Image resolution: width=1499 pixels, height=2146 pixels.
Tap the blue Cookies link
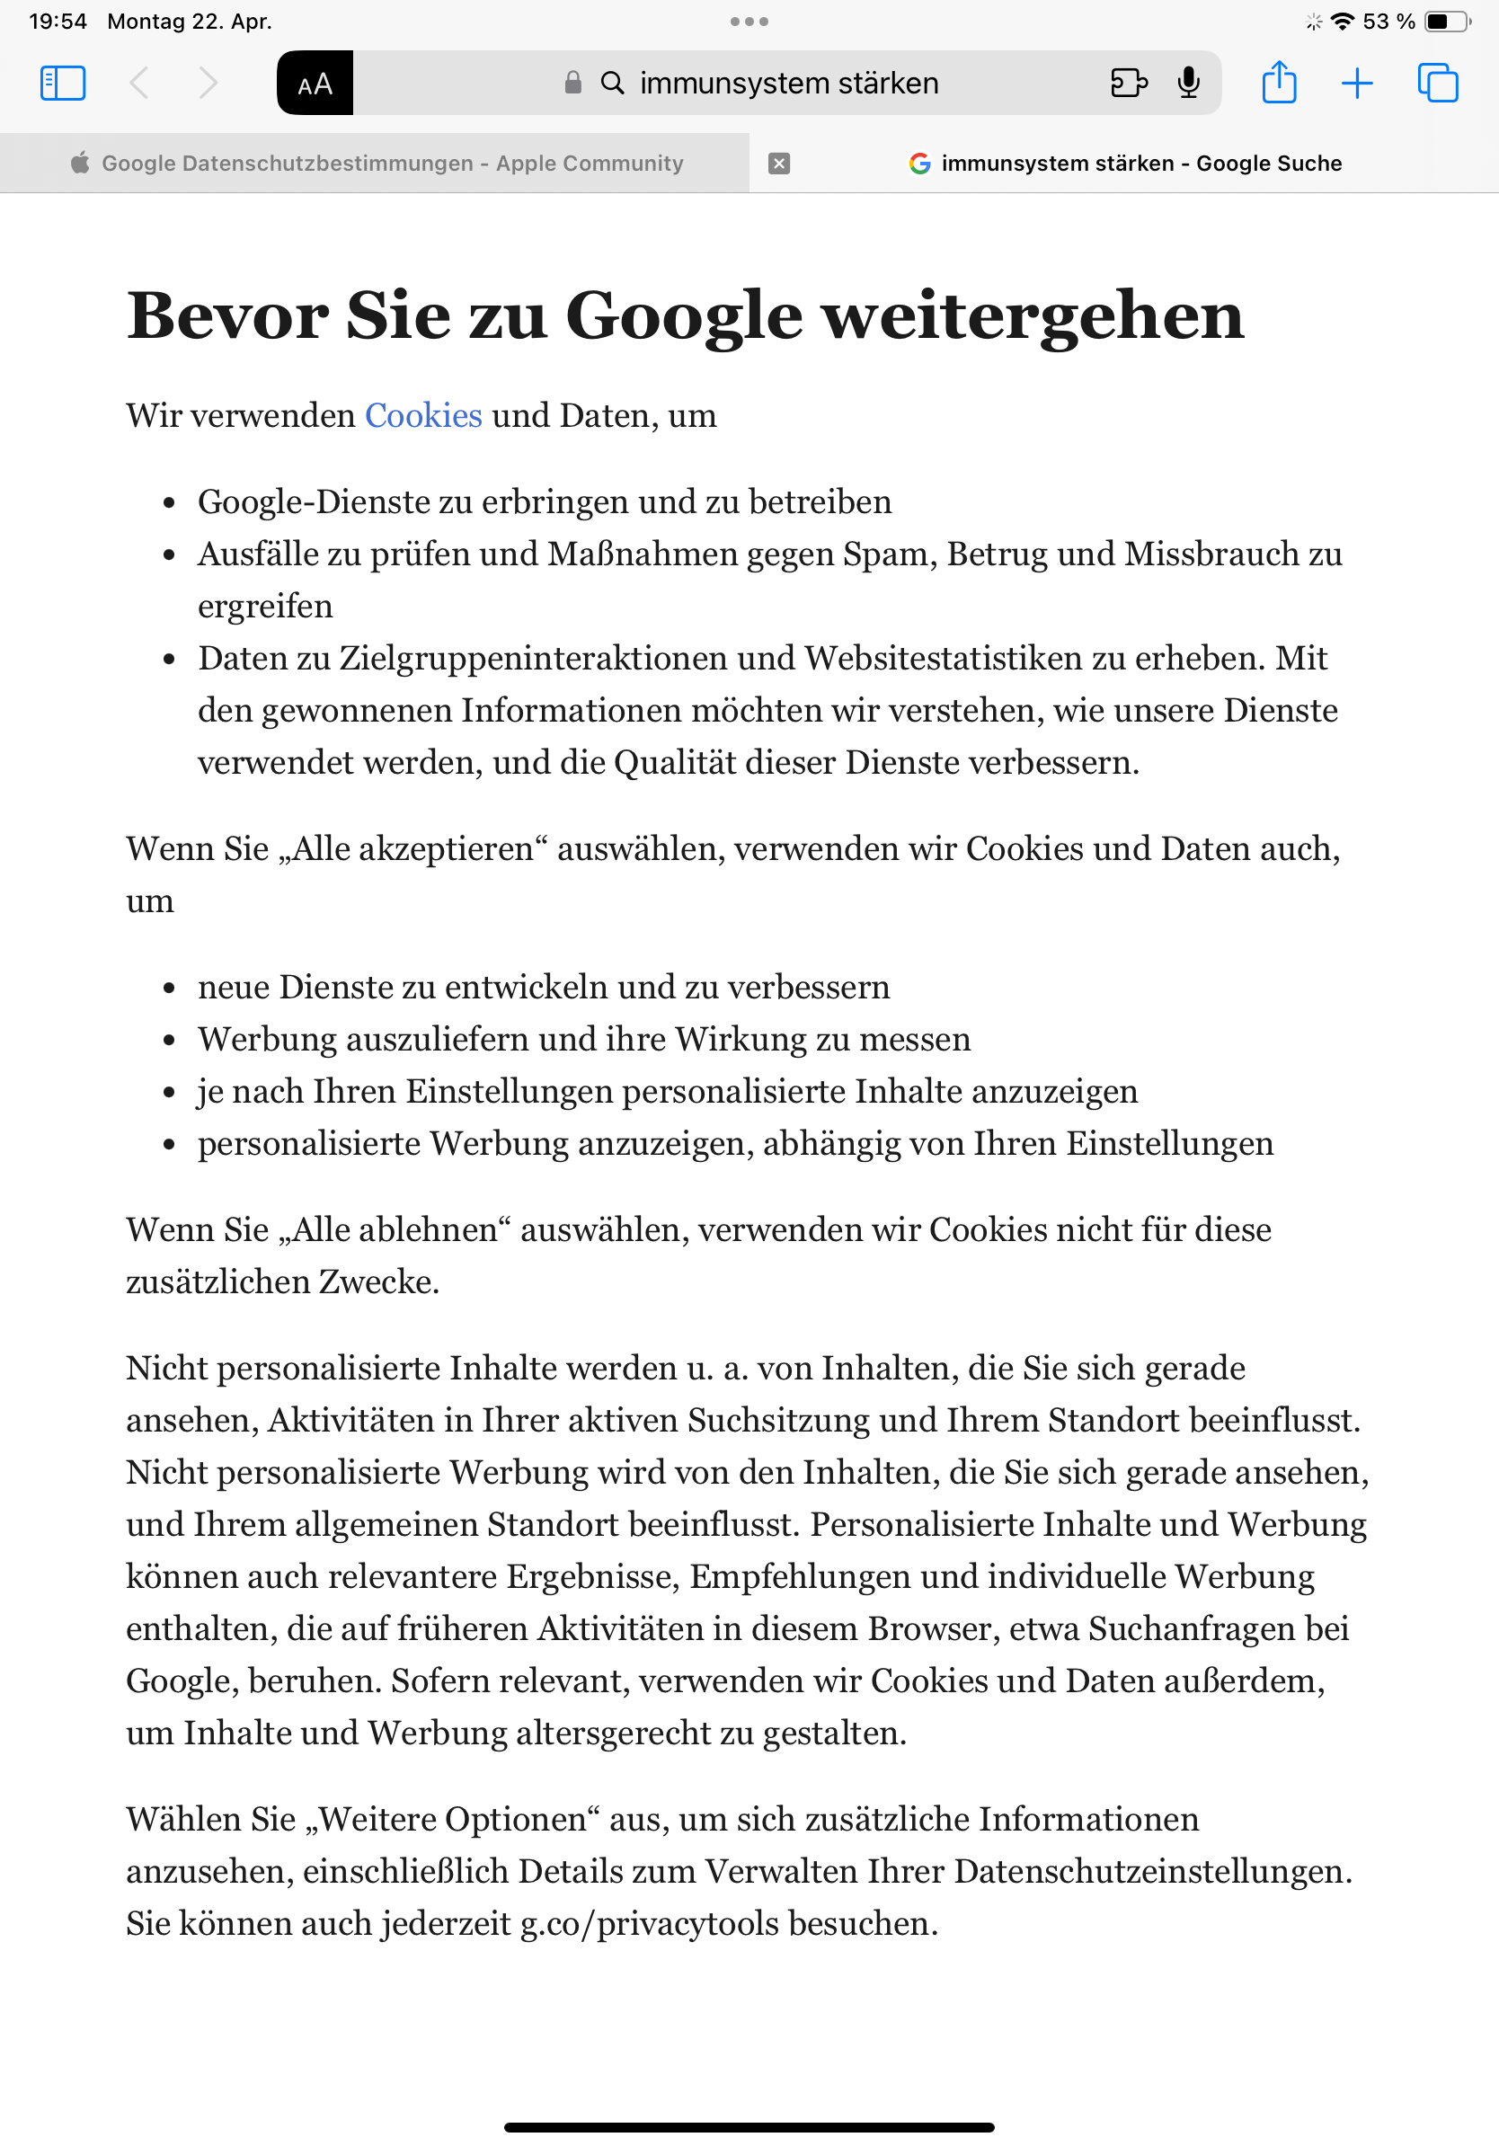(x=423, y=416)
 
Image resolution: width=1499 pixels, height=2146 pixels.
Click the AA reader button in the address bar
(x=315, y=84)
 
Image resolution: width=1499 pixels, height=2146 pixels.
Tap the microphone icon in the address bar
(x=1188, y=84)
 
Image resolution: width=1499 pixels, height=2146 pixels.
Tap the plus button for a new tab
(x=1356, y=84)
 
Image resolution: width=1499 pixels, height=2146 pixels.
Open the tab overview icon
(x=1436, y=84)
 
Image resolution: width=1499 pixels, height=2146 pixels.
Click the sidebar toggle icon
(x=63, y=84)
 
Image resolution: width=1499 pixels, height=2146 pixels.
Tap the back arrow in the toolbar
(x=139, y=84)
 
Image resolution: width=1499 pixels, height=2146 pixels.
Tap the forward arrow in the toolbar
(x=208, y=84)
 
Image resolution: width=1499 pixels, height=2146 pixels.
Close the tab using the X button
(x=778, y=164)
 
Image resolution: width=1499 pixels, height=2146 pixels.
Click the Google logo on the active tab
(x=919, y=164)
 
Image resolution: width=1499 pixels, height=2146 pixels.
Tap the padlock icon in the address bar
(x=572, y=84)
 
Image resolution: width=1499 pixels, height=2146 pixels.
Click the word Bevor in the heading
(x=227, y=316)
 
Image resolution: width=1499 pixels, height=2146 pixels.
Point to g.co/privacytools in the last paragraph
(x=650, y=1923)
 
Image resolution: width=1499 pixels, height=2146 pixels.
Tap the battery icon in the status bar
(x=1446, y=22)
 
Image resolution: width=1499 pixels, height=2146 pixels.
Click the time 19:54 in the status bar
(x=58, y=22)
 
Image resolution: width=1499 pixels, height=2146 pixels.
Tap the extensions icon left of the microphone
(x=1128, y=84)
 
